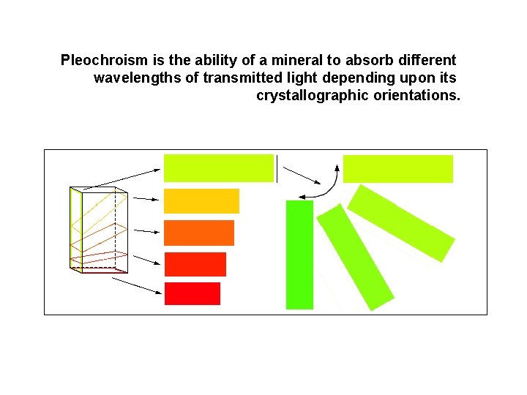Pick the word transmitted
pos(236,78)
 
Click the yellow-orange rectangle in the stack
pos(201,201)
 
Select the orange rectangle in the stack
pos(199,233)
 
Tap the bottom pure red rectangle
pos(193,293)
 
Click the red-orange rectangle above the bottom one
pos(195,264)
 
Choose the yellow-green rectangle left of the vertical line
pos(218,168)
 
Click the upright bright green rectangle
pos(299,255)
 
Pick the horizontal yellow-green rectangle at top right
pos(398,168)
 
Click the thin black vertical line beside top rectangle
pos(277,168)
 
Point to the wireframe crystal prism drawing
pos(98,230)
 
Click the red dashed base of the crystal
pos(98,269)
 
